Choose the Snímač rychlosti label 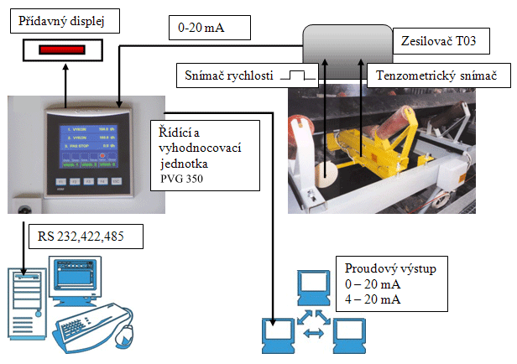click(x=229, y=76)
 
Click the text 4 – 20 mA click(x=373, y=300)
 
